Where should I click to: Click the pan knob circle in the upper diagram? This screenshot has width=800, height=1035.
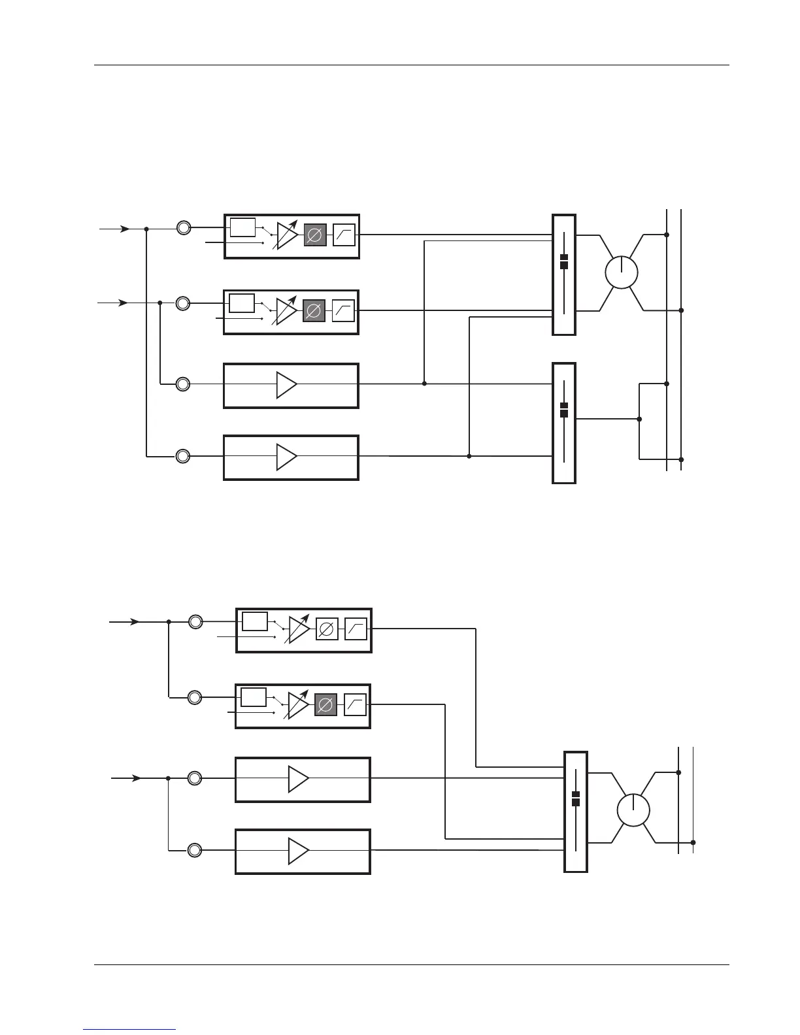point(621,272)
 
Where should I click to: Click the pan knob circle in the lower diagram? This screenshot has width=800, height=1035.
point(633,811)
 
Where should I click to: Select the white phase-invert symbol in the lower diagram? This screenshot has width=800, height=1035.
point(327,629)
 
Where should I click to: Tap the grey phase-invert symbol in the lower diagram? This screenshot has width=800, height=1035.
point(325,706)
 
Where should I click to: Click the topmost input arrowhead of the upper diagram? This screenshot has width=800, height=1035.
point(124,229)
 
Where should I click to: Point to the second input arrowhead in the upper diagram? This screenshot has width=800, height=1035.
point(122,303)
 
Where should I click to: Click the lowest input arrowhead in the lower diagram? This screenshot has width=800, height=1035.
point(136,778)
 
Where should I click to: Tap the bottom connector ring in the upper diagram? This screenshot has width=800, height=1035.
point(183,456)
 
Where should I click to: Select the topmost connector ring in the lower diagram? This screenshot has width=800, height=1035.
point(195,622)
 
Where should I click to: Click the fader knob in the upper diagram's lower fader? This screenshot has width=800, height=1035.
point(564,410)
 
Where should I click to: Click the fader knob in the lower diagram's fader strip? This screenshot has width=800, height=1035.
point(576,798)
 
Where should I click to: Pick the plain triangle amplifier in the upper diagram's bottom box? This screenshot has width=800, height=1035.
point(286,457)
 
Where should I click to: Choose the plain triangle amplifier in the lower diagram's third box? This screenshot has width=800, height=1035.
point(298,779)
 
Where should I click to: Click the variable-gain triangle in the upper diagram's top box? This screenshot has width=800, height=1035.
point(286,235)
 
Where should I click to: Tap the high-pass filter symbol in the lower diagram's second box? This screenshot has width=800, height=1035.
point(355,706)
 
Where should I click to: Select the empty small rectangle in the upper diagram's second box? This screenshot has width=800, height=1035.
point(242,303)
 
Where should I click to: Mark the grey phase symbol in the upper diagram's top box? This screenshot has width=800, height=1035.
point(315,235)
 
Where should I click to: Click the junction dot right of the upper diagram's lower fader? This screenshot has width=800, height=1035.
point(639,419)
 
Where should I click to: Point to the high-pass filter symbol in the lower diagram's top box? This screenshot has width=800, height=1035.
point(356,629)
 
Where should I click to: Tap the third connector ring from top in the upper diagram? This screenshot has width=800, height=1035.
point(183,384)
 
